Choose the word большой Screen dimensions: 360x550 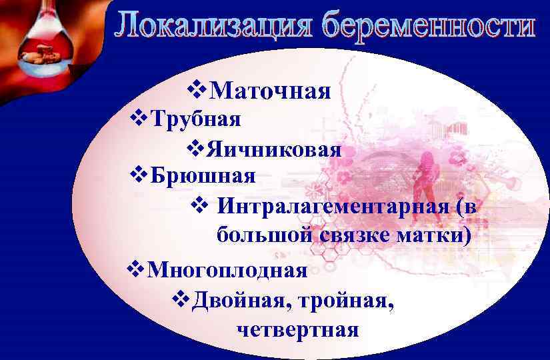point(263,235)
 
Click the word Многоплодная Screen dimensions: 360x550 point(227,271)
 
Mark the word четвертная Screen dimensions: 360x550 point(297,329)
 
